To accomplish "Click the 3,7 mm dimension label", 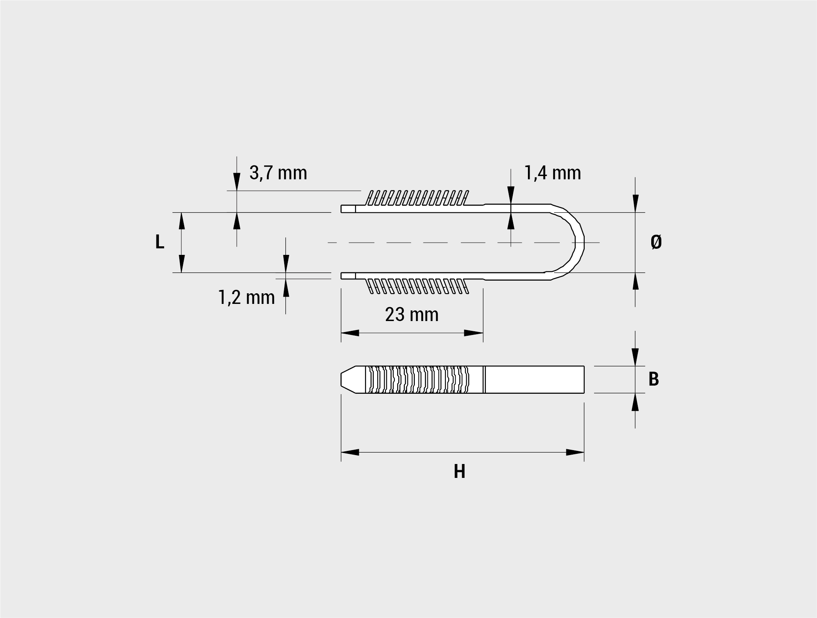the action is (278, 173).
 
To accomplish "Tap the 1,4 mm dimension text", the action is (552, 173).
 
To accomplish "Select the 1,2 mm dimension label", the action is (247, 297).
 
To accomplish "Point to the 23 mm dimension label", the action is (412, 315).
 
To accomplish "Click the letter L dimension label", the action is (160, 242).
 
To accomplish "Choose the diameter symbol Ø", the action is (656, 242).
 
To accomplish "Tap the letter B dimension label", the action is (654, 379).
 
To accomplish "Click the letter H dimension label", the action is (459, 472).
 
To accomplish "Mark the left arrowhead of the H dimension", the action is (350, 452).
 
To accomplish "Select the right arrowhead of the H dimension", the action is (575, 452).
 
